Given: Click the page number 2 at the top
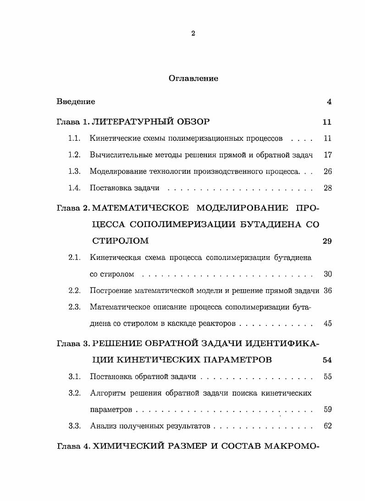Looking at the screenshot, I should pos(193,33).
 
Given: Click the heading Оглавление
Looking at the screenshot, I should pos(193,78).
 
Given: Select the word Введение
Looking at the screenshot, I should pos(76,102).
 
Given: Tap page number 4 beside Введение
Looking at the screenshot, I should pos(329,102).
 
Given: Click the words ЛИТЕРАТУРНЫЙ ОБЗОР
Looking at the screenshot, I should pos(151,122).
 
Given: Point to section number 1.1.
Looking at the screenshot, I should pos(74,138).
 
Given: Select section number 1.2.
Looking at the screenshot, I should pos(74,155).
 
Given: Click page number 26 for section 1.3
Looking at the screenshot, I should pos(327,171).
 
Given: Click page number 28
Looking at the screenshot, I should pos(327,188).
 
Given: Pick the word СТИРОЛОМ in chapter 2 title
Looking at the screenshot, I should pos(121,241).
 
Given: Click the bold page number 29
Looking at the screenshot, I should pos(327,241).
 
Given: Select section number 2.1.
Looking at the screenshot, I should pos(74,258).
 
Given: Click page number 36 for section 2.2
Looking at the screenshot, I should pos(327,291).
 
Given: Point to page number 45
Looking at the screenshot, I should pos(327,324).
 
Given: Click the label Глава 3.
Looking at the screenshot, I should pos(73,343).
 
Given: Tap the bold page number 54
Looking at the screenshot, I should pos(327,360).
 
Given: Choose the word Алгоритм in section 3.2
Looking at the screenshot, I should pos(107,393).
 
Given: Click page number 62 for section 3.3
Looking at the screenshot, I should pos(327,426).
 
